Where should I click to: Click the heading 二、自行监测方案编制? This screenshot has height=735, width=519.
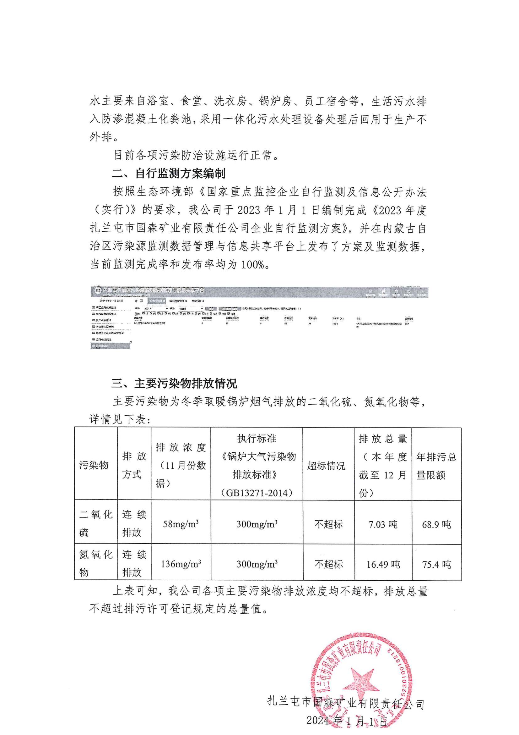point(169,174)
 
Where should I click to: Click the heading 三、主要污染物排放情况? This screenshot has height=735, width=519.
point(174,383)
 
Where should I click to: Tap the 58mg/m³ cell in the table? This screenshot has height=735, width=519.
point(181,524)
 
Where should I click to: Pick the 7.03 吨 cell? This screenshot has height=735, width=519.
point(383,524)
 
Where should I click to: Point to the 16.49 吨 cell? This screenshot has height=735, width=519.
point(383,564)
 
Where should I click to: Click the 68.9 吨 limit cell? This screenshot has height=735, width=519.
point(436,524)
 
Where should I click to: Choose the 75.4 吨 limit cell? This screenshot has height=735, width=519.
point(436,564)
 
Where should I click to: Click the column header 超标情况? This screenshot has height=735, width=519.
point(326,466)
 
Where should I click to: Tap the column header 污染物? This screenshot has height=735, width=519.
point(94,465)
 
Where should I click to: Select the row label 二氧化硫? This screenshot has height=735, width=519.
point(96,524)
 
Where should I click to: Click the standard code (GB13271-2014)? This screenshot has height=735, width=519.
point(257,493)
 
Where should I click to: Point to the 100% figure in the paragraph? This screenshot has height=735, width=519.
point(253,265)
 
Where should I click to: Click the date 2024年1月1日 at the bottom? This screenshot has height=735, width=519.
point(347,721)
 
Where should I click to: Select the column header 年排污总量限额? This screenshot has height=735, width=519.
point(436,466)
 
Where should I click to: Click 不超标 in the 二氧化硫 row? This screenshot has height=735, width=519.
point(328,524)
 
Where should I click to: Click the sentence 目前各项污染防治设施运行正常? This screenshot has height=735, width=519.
point(196,155)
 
